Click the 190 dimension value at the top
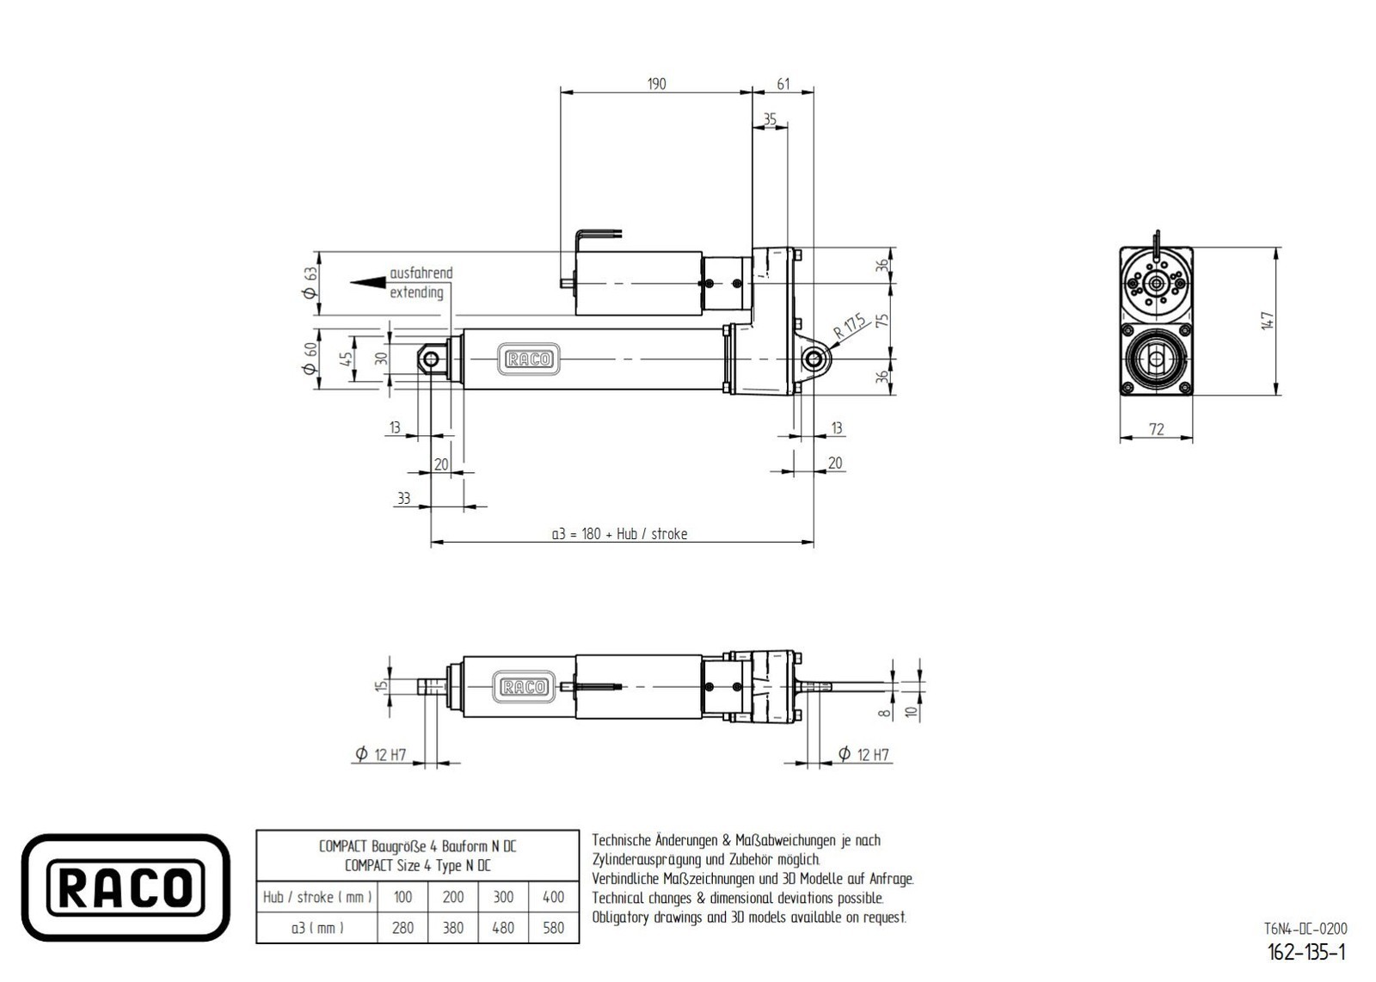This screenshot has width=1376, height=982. click(x=656, y=83)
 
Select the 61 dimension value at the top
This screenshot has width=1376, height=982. click(x=783, y=83)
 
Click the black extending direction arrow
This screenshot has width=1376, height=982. click(x=368, y=282)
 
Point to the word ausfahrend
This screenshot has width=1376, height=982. click(x=421, y=273)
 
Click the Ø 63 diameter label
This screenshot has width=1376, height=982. click(x=311, y=282)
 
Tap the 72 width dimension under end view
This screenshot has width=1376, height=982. click(x=1156, y=428)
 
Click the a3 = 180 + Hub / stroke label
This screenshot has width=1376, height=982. click(x=619, y=534)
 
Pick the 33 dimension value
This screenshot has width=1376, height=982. click(x=403, y=498)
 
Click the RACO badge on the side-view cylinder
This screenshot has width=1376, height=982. click(x=529, y=359)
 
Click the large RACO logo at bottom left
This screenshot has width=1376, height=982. click(x=126, y=887)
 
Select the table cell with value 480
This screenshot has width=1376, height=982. click(x=503, y=928)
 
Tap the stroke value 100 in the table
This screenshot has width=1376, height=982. click(x=402, y=897)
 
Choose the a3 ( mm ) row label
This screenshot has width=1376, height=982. click(x=317, y=928)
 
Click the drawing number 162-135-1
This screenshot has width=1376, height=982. click(x=1306, y=952)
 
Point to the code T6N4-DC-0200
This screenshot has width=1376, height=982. click(x=1305, y=929)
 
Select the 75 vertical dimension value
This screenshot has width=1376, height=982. click(x=882, y=321)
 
